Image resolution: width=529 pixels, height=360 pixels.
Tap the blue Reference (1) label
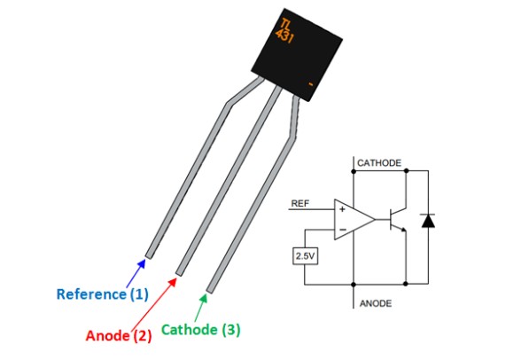(x=103, y=293)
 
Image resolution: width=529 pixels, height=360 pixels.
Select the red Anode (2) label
(x=119, y=335)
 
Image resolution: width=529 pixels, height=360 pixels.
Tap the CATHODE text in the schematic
(x=379, y=163)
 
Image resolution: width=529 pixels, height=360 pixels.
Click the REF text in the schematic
(x=300, y=204)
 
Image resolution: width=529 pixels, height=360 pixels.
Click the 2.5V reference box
(x=305, y=256)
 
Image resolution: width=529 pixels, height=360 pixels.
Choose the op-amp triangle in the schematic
(x=352, y=216)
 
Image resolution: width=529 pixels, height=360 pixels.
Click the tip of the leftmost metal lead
(x=148, y=255)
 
